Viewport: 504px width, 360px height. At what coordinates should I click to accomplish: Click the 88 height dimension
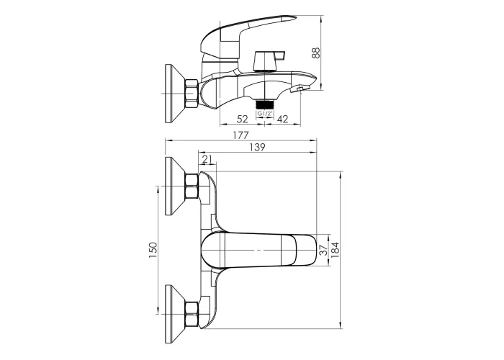(316, 53)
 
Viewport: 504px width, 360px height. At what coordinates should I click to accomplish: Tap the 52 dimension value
(243, 119)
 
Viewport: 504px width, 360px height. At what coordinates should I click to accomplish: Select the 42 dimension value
(282, 119)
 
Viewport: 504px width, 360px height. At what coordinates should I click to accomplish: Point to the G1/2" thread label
(264, 114)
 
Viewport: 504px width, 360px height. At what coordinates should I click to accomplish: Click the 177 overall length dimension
(240, 135)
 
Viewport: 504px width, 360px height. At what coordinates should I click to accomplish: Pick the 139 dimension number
(257, 147)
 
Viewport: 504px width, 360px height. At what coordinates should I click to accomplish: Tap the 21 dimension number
(207, 159)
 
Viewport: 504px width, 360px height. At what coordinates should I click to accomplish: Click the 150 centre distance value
(153, 251)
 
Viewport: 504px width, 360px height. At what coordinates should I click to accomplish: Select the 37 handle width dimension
(325, 249)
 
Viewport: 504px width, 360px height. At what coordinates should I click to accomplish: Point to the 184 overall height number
(336, 250)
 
